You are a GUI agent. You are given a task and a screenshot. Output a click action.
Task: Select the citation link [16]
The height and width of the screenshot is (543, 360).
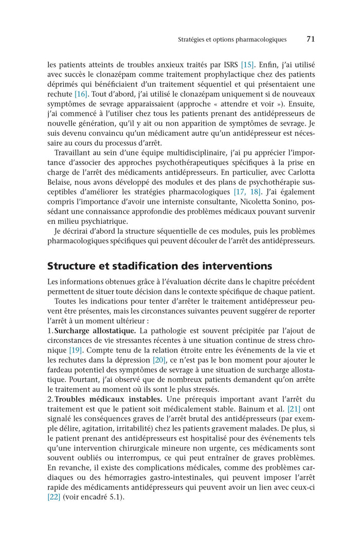pos(81,94)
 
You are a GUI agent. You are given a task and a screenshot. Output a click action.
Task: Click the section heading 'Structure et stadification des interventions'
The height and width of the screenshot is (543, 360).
pos(159,266)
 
